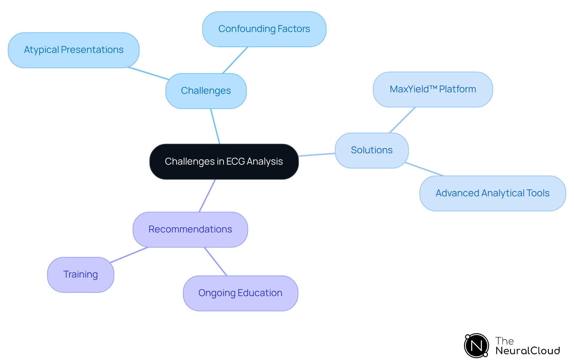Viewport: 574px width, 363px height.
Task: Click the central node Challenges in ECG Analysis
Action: (x=224, y=162)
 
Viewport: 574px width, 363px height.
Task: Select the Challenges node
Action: (x=206, y=91)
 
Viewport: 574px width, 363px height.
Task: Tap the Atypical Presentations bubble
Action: (x=74, y=50)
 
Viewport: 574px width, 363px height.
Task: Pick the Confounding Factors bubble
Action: (x=264, y=29)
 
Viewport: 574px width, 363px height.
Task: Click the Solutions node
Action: (x=372, y=150)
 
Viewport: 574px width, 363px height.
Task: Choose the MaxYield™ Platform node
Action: (x=433, y=89)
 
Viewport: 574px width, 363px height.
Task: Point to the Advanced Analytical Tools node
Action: (x=492, y=193)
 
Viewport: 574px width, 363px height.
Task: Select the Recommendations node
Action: (x=190, y=229)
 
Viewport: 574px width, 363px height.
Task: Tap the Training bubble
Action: (x=80, y=275)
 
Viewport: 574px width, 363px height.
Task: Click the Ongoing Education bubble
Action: (x=240, y=293)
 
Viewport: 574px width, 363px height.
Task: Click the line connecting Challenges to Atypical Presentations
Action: (x=149, y=73)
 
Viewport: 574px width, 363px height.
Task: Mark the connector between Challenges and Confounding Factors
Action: (x=235, y=60)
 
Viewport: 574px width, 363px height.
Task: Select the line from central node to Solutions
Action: (x=317, y=154)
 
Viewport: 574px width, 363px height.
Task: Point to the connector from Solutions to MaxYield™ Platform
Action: (x=402, y=120)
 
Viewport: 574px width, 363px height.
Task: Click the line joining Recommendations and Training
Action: (x=129, y=255)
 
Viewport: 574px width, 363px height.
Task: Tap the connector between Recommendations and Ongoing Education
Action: (x=216, y=261)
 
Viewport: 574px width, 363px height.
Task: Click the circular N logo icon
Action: (x=476, y=346)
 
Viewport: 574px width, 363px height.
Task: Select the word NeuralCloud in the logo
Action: (x=528, y=351)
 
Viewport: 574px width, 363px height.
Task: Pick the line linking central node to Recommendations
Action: (x=207, y=196)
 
